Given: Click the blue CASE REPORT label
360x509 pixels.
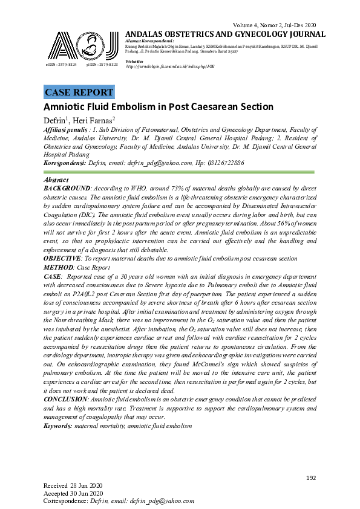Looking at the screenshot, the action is pos(79,92).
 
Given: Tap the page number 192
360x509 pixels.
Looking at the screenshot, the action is pos(311,478).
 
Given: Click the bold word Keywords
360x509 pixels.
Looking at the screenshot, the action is pos(57,409).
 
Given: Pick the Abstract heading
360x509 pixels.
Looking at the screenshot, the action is pos(57,180).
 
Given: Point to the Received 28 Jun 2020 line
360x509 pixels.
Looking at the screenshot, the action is pos(74,486).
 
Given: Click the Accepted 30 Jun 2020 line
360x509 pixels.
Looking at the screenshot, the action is pos(74,493).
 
